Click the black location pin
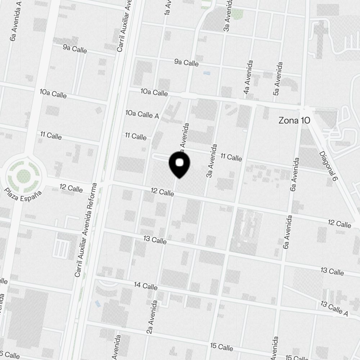(179, 165)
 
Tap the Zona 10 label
(294, 121)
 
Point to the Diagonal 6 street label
(328, 166)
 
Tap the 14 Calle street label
(145, 286)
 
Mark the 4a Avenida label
(248, 77)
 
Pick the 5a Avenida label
(278, 79)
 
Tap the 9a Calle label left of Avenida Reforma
(75, 49)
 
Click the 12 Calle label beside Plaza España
(71, 188)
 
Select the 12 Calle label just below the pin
(162, 193)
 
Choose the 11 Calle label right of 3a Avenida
(231, 157)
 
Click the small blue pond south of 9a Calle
(207, 73)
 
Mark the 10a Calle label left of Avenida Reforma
(53, 94)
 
